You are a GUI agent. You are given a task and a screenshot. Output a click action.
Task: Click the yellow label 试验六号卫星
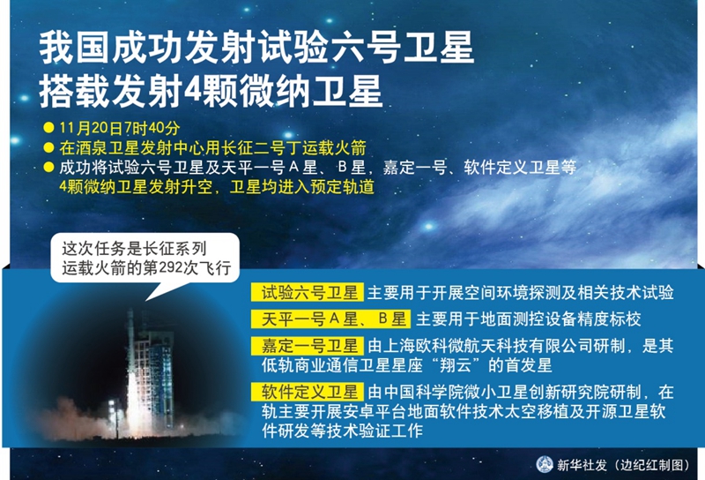pos(307,293)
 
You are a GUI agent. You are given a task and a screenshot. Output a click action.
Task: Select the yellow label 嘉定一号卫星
pos(307,346)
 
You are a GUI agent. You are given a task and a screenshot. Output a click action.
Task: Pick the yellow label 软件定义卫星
pos(307,391)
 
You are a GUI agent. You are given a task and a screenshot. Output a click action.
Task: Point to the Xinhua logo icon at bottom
pos(545,464)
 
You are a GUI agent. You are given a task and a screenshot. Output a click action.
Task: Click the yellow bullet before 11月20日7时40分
pos(48,128)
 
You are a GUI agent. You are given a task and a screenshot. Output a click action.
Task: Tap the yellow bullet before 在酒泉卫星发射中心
pos(48,147)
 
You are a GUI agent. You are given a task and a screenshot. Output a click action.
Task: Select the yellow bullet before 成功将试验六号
pos(48,168)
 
